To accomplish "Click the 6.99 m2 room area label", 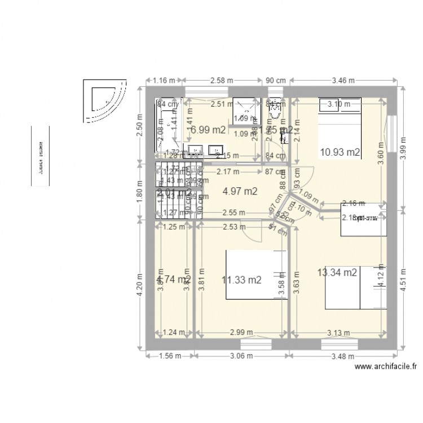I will pyautogui.click(x=209, y=130).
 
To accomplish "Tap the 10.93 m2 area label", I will pyautogui.click(x=340, y=151).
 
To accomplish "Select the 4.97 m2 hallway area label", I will pyautogui.click(x=240, y=191).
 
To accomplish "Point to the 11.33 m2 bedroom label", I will pyautogui.click(x=241, y=279).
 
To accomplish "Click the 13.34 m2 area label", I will pyautogui.click(x=337, y=273).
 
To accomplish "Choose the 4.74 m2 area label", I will pyautogui.click(x=174, y=279).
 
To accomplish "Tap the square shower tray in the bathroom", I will pyautogui.click(x=245, y=111).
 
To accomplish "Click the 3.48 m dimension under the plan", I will pyautogui.click(x=341, y=355).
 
